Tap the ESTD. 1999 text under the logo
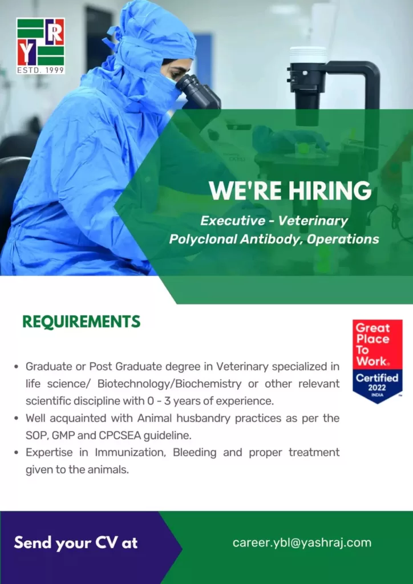[41, 70]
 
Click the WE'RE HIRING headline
[290, 190]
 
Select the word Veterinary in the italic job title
[313, 221]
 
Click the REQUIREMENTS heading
[81, 322]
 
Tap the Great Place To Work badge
[378, 361]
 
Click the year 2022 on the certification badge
[378, 387]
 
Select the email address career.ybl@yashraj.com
[302, 542]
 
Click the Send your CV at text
[76, 543]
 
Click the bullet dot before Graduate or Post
[17, 367]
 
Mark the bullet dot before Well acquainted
[17, 419]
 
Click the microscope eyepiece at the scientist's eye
[198, 91]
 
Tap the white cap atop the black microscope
[308, 55]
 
